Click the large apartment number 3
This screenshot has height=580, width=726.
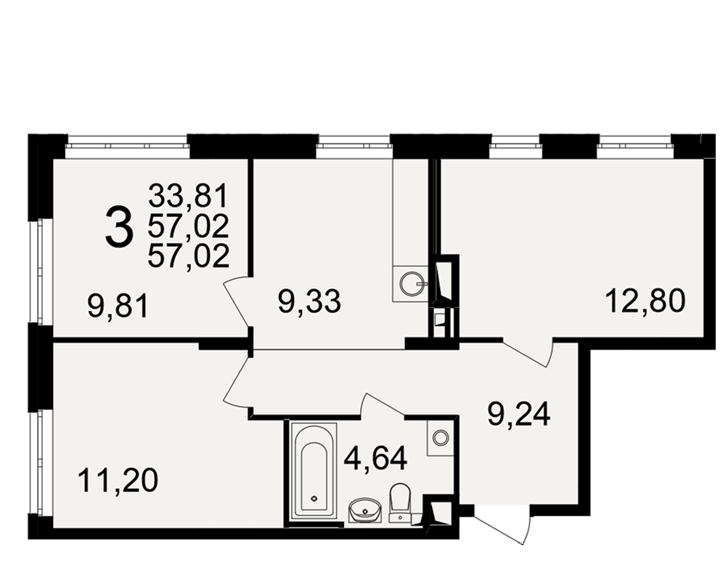pos(120,226)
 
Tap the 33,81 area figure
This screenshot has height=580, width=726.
pos(189,196)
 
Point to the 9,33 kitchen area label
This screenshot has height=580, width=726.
pos(309,301)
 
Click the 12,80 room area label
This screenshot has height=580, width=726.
pos(645,301)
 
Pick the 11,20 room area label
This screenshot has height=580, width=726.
pos(118,480)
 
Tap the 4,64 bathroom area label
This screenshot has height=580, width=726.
pos(375,459)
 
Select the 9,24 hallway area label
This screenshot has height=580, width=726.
pos(518,414)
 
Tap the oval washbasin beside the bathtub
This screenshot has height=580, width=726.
pos(365,510)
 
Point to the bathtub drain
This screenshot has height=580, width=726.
pos(315,498)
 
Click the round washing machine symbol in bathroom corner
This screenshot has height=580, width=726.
pos(440,436)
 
